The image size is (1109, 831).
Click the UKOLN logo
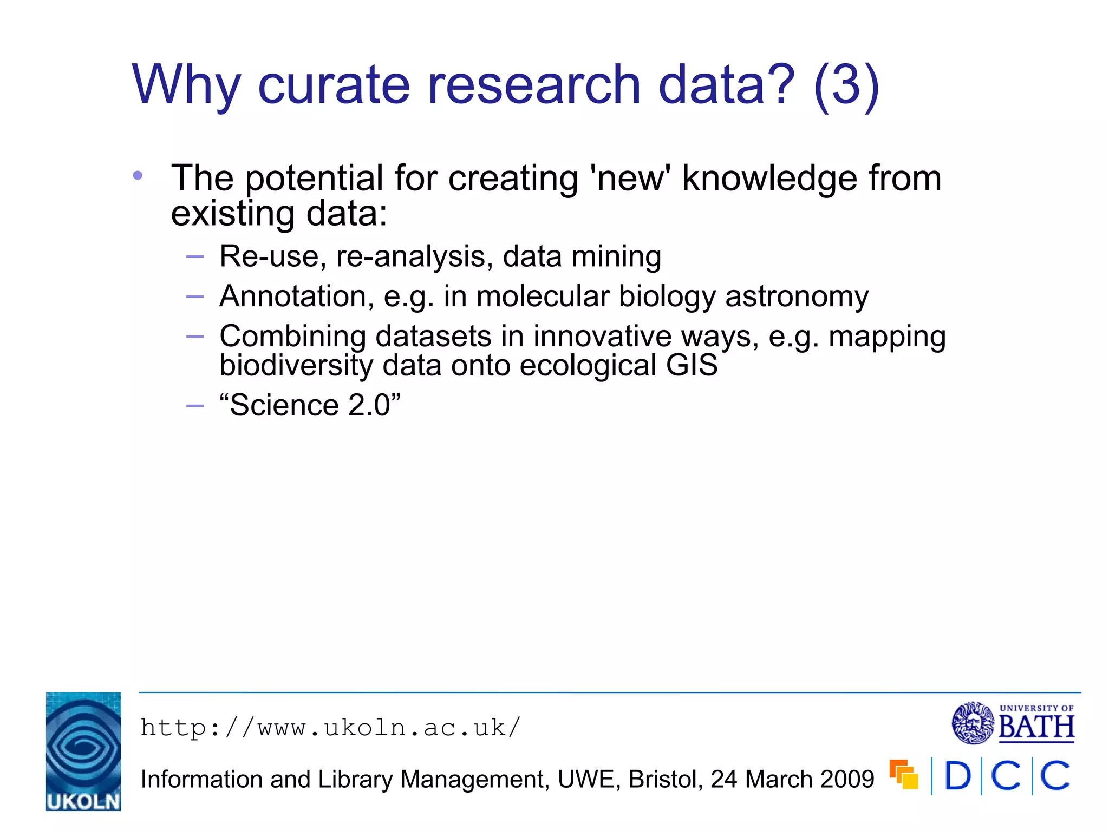tap(83, 751)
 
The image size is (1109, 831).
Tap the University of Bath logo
tap(1013, 723)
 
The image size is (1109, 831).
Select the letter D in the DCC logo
tap(957, 776)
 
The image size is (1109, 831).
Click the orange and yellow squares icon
tap(904, 774)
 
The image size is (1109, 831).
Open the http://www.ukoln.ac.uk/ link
tap(330, 728)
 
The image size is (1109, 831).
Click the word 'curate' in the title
tap(334, 85)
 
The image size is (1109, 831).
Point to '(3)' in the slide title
tap(846, 85)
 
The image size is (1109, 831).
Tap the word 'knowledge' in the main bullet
tap(769, 178)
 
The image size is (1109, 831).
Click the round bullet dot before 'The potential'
tap(138, 175)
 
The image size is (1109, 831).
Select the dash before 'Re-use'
tap(195, 256)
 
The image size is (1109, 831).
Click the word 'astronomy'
tap(797, 296)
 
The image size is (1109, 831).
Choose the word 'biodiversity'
tap(296, 365)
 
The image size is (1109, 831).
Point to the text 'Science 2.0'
tap(310, 405)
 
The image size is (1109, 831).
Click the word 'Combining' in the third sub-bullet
tap(292, 337)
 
